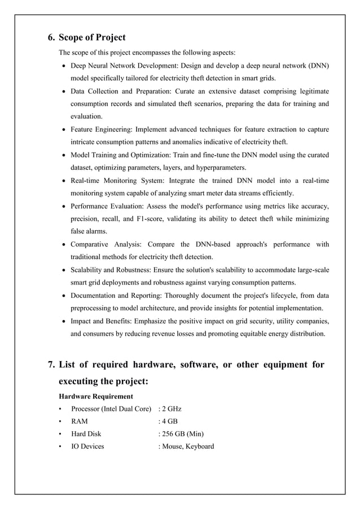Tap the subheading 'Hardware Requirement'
coord(96,396)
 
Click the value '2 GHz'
coord(172,409)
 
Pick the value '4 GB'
coord(170,421)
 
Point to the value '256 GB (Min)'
coord(182,433)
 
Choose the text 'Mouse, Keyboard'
coord(187,446)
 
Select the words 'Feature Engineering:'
coord(103,129)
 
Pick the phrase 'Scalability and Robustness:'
coord(115,270)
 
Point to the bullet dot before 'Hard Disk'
coord(59,434)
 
